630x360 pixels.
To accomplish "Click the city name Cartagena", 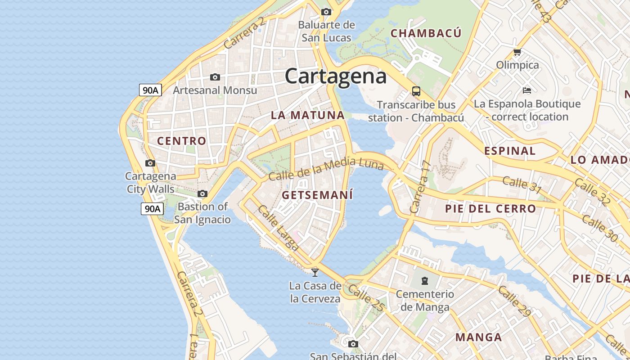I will click(x=336, y=76).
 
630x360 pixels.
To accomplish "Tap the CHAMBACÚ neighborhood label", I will click(x=426, y=33).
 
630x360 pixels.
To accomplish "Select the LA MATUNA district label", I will click(x=308, y=115).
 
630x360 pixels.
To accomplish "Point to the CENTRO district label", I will click(x=182, y=141).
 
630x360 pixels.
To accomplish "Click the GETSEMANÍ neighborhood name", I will click(x=317, y=195).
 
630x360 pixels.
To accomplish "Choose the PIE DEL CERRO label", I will click(x=490, y=209).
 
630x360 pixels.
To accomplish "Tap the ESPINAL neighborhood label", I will click(x=510, y=151).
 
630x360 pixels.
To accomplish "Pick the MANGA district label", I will click(x=478, y=337).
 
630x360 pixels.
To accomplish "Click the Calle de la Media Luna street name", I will click(x=326, y=168).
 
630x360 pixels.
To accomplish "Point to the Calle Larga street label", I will click(x=278, y=228).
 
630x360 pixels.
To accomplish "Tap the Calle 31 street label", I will click(x=522, y=184).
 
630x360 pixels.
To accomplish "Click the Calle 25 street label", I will click(x=366, y=297).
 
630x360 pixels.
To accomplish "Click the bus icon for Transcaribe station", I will click(x=416, y=91).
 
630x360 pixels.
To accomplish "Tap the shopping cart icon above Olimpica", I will click(x=517, y=52).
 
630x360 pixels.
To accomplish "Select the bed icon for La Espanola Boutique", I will click(x=527, y=90).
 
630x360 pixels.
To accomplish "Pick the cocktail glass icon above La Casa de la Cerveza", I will click(x=315, y=272).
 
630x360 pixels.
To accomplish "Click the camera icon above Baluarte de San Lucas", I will click(x=326, y=12).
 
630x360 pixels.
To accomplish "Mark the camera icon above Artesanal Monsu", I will click(x=215, y=77).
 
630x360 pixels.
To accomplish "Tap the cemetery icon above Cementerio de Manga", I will click(x=424, y=281).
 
